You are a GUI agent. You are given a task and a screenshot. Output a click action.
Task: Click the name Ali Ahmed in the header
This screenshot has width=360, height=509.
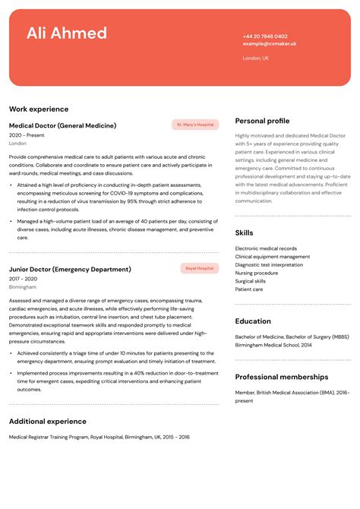pyautogui.click(x=67, y=33)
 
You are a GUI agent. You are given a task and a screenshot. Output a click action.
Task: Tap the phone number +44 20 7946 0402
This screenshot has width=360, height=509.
pyautogui.click(x=265, y=36)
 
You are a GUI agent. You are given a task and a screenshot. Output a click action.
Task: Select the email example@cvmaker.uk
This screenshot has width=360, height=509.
pyautogui.click(x=270, y=44)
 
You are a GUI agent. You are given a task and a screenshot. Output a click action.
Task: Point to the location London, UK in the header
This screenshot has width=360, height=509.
pyautogui.click(x=256, y=58)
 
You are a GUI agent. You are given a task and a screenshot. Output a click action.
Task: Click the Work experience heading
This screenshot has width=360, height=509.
pyautogui.click(x=39, y=109)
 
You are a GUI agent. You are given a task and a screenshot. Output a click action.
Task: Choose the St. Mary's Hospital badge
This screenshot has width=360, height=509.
pyautogui.click(x=195, y=125)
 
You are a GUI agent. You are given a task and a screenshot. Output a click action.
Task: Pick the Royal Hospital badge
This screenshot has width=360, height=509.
pyautogui.click(x=200, y=268)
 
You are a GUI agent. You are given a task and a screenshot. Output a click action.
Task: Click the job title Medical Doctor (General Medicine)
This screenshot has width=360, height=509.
pyautogui.click(x=62, y=125)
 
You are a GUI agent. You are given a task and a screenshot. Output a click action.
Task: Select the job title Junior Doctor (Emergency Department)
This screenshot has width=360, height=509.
pyautogui.click(x=70, y=269)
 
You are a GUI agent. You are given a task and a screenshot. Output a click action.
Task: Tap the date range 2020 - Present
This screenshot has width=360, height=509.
pyautogui.click(x=27, y=135)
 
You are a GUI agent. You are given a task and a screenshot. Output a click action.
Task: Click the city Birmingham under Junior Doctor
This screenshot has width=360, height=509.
pyautogui.click(x=23, y=287)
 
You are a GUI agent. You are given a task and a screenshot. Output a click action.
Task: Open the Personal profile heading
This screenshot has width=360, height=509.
pyautogui.click(x=262, y=121)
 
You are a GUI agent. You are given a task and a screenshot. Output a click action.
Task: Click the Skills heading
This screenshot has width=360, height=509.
pyautogui.click(x=245, y=233)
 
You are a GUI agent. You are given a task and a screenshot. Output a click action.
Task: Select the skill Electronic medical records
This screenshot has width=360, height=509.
pyautogui.click(x=266, y=248)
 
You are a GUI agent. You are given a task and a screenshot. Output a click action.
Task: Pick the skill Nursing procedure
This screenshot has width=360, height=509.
pyautogui.click(x=257, y=273)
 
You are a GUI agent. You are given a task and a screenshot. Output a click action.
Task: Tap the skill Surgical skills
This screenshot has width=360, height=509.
pyautogui.click(x=251, y=281)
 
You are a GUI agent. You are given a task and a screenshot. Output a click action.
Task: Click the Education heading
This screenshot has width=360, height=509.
pyautogui.click(x=253, y=321)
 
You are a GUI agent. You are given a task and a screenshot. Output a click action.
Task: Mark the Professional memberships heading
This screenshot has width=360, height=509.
pyautogui.click(x=282, y=377)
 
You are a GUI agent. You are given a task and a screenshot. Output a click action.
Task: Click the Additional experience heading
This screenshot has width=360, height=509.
pyautogui.click(x=48, y=422)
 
